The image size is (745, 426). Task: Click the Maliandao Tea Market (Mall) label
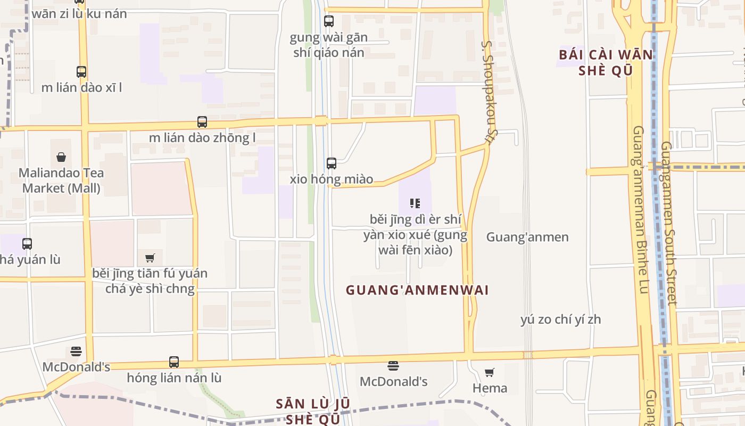coord(61,181)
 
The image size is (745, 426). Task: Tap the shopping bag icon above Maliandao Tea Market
coord(61,157)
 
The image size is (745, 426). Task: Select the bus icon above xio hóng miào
coord(332,163)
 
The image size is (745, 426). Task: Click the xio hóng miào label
coord(331,179)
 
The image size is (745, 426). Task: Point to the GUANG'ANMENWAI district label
coord(417,290)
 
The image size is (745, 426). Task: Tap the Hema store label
coord(490,388)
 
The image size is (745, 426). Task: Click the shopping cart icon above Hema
coord(490,372)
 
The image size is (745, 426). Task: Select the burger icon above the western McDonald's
coord(76,351)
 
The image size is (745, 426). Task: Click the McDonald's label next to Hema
coord(393,381)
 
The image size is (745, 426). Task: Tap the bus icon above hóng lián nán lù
coord(174,362)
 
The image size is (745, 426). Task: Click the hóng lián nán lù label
coord(174,378)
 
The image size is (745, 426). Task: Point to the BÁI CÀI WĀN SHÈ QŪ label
coord(606,62)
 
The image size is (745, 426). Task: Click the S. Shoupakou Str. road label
coord(487,92)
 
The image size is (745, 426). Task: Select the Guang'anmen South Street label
coord(669,223)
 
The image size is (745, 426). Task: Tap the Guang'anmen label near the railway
coord(527,237)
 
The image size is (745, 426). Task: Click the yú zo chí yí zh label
coord(560,319)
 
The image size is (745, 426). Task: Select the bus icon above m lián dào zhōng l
coord(202,122)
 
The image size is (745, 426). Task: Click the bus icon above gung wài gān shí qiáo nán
coord(329,21)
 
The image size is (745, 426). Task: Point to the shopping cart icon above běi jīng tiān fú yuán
coord(150,258)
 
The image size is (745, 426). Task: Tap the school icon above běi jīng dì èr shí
coord(415,203)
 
